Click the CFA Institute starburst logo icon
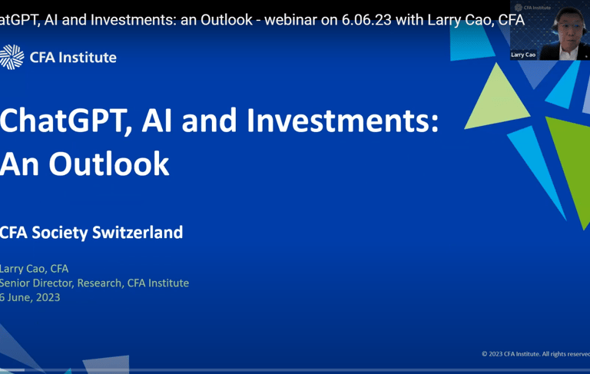(12, 57)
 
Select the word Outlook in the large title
(109, 164)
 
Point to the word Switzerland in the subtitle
(138, 232)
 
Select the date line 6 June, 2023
(30, 297)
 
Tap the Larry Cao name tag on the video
(523, 55)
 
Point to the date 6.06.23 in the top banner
(366, 20)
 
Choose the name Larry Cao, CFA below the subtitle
(34, 269)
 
